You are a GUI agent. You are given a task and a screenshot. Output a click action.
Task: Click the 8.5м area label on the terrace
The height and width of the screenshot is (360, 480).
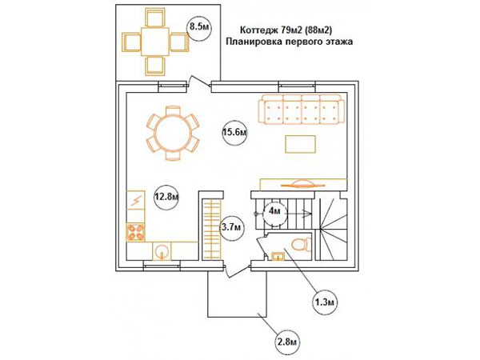point(199,27)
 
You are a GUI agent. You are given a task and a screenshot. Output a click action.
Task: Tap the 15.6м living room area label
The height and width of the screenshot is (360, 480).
point(234,133)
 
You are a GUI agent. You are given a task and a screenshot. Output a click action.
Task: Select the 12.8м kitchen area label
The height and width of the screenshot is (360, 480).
point(166,197)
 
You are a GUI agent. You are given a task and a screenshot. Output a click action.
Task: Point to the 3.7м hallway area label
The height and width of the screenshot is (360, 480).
point(233,227)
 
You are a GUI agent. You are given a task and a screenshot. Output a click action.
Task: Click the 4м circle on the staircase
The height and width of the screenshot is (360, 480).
point(274,212)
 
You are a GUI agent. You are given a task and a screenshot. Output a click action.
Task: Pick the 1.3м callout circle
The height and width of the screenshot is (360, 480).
point(325,302)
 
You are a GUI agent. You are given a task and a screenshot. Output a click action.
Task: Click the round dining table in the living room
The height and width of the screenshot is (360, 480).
point(174,133)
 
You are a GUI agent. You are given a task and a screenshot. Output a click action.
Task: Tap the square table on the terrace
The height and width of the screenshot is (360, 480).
point(155,42)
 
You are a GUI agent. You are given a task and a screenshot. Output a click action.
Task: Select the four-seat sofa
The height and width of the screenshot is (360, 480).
point(302,110)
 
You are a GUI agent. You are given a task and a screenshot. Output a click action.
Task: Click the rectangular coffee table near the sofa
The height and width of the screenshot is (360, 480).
point(300,144)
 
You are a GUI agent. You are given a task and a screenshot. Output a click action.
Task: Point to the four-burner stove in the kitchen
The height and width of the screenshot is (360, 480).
point(136,232)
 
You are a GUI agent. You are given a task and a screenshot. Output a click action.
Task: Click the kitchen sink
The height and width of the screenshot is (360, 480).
point(162,251)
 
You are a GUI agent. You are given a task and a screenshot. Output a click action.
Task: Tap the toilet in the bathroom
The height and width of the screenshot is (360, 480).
point(300,245)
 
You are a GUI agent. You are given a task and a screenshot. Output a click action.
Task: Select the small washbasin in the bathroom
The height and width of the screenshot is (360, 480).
point(278,256)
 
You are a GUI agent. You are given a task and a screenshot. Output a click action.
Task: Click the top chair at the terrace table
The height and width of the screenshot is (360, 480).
point(155,18)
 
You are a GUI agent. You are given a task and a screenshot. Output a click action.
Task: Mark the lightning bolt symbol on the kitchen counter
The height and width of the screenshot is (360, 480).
point(136,200)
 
